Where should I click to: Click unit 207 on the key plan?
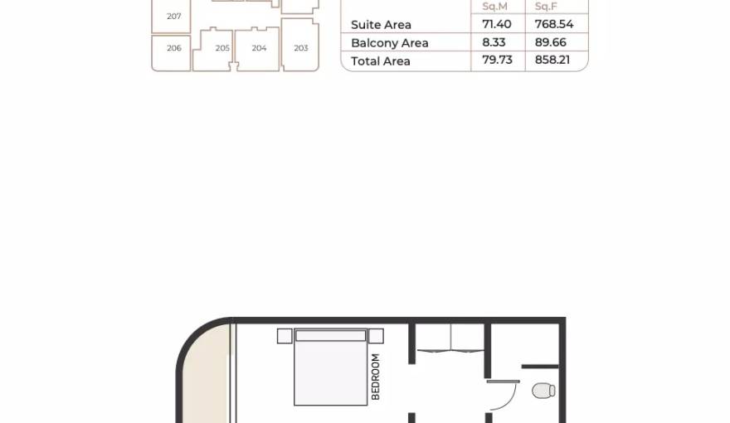point(171,16)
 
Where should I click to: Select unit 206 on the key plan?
point(171,53)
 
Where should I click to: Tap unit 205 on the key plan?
point(212,49)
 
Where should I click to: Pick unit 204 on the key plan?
point(257,49)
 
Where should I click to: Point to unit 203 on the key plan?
point(300,45)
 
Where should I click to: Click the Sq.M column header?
point(494,7)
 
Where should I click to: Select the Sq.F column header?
point(546,7)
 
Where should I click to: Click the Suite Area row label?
point(381,25)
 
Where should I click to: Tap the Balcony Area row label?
point(389,43)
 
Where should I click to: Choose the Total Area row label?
point(381,61)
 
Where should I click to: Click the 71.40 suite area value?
point(497,24)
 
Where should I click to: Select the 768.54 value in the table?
point(554,24)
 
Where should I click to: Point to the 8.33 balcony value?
point(494,42)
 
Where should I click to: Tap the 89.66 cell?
point(550,42)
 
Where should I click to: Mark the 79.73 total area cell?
point(497,60)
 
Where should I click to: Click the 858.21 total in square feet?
point(552,60)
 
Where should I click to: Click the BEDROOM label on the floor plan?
point(376,377)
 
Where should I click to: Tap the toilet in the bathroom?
point(543,391)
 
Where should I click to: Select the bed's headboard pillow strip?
point(330,336)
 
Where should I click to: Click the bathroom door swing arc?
point(509,399)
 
